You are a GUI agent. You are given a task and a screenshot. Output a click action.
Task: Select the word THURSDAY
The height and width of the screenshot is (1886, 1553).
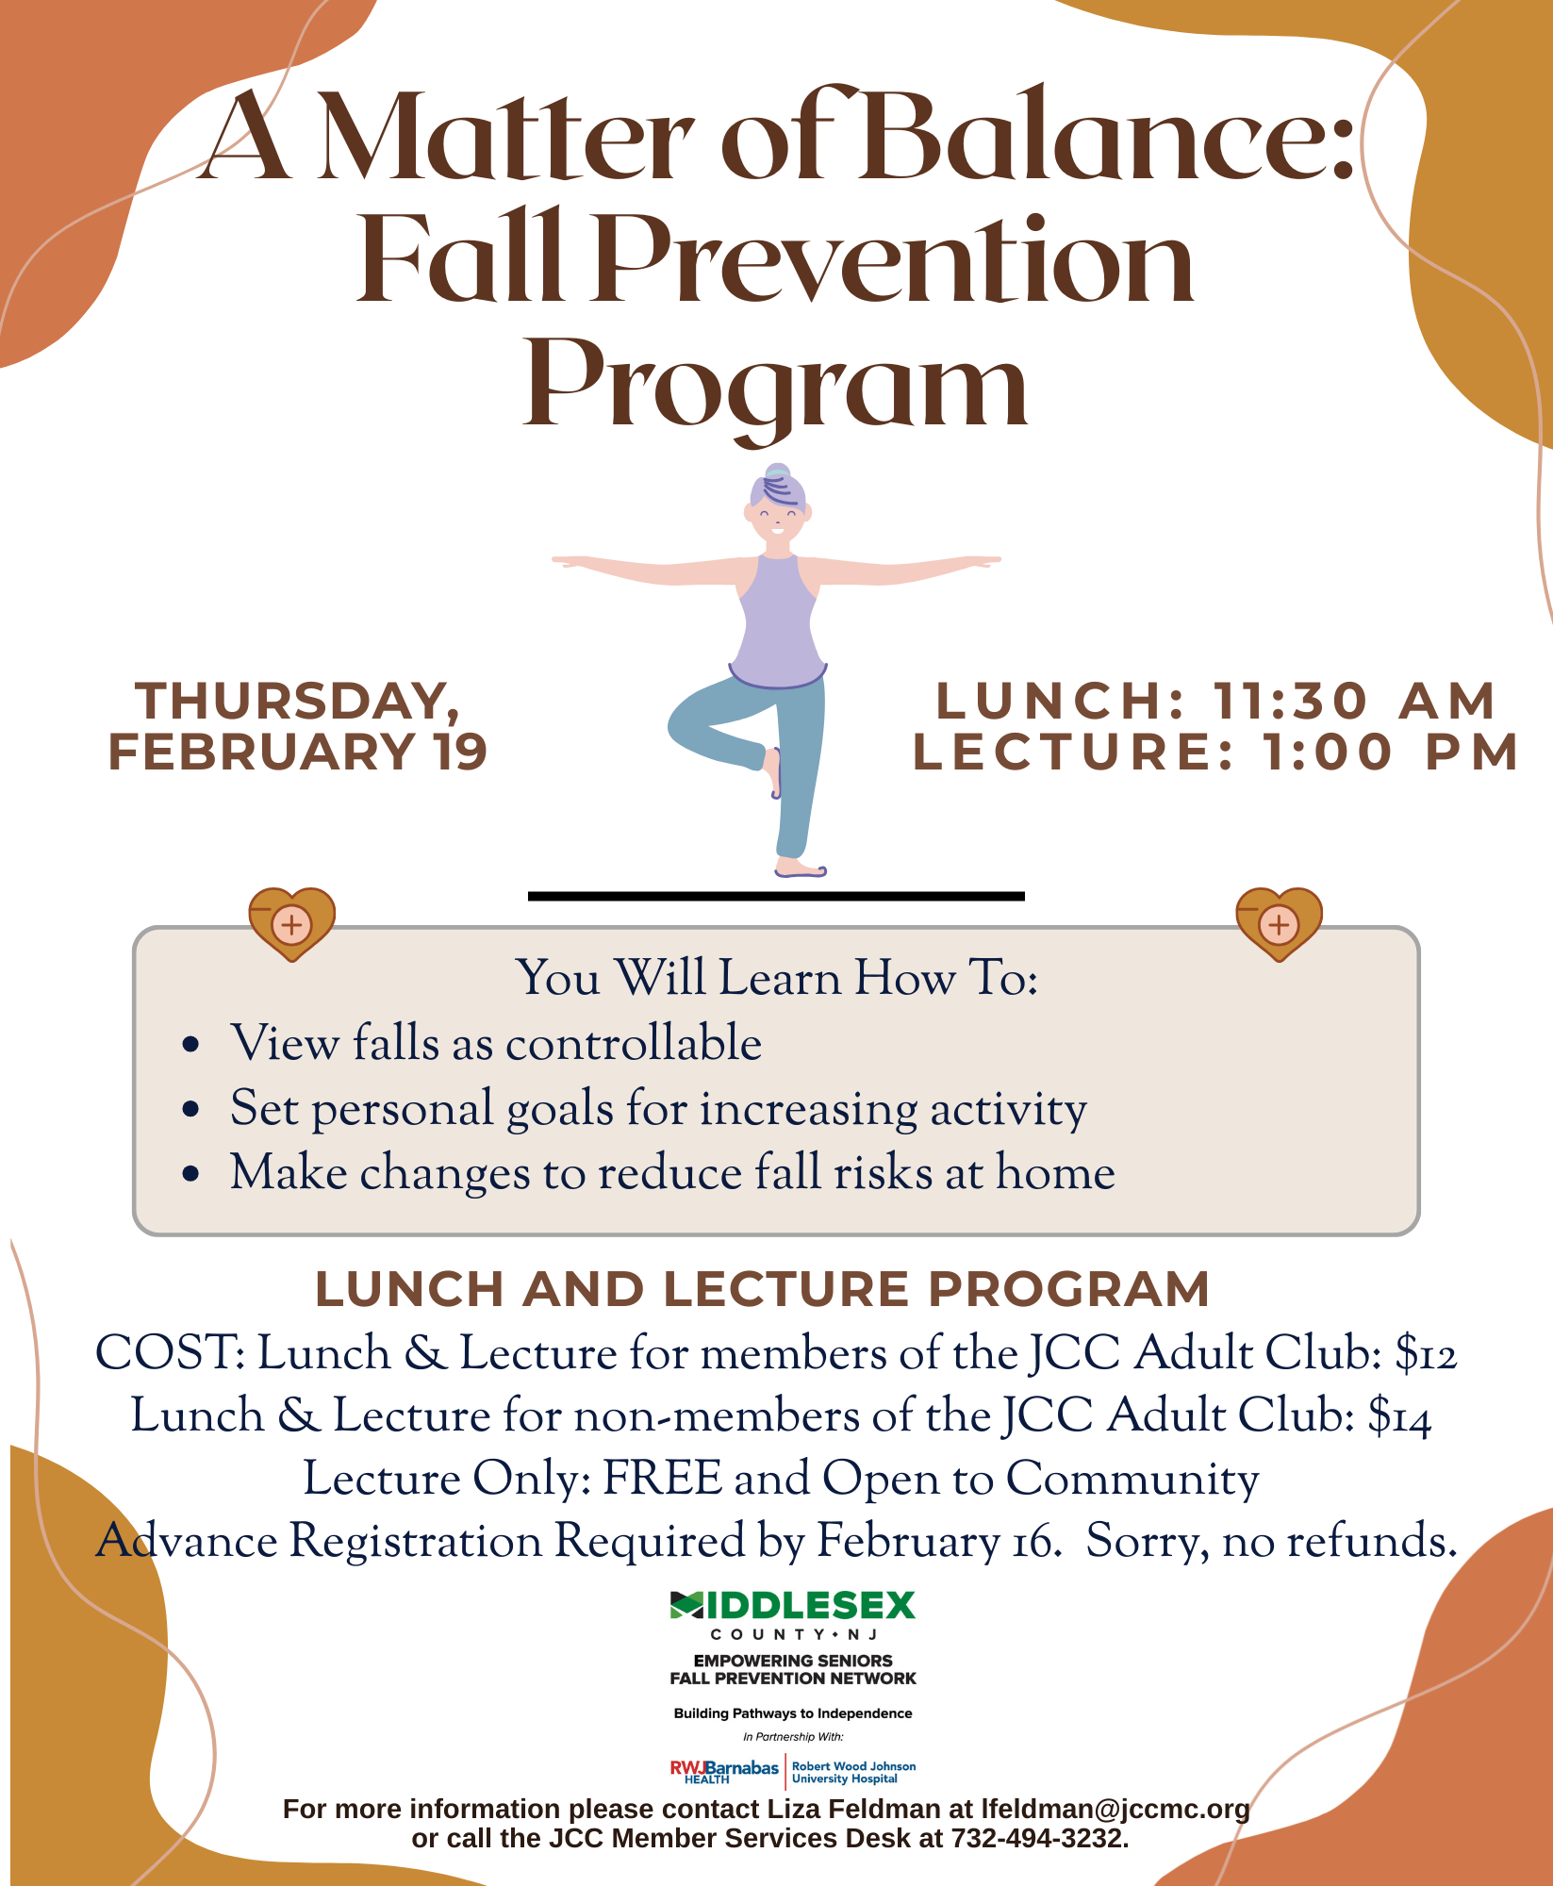click(296, 702)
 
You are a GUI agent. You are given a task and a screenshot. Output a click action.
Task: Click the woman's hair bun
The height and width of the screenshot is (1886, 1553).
click(778, 471)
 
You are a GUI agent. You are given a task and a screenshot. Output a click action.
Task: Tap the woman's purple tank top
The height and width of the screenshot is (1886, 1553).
click(778, 622)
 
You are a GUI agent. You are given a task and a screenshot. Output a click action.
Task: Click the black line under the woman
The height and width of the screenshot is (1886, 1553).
click(776, 896)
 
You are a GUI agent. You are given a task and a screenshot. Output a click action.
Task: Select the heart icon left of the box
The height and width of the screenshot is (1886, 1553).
click(292, 923)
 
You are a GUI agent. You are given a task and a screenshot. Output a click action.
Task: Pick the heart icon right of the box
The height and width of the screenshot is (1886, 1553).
click(1279, 923)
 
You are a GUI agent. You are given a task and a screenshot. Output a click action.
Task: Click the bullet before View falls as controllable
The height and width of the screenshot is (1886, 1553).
click(191, 1045)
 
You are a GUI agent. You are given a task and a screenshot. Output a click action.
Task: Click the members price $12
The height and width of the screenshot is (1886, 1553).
click(1427, 1353)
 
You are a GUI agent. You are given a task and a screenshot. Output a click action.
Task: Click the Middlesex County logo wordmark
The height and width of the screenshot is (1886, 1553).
click(792, 1606)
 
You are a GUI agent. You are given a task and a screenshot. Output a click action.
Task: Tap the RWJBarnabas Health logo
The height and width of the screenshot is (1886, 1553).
click(724, 1771)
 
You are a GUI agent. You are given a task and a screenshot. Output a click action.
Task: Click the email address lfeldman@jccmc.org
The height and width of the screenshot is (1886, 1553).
click(1115, 1809)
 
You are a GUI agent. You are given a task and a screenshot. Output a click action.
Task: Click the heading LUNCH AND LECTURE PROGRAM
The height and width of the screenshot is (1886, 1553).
click(762, 1289)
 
